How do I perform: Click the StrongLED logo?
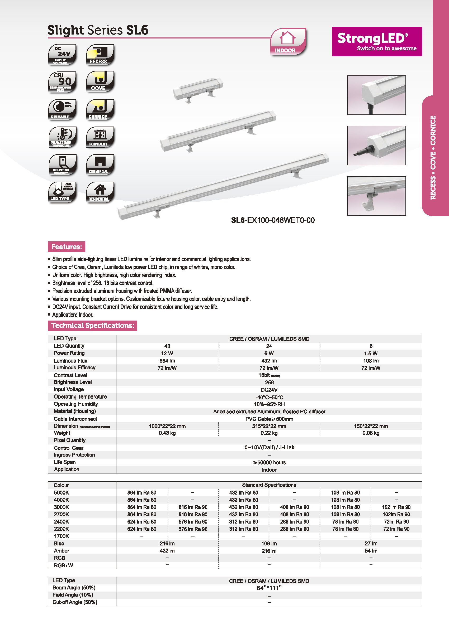click(377, 41)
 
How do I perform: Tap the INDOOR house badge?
click(287, 42)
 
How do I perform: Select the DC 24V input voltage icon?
click(62, 54)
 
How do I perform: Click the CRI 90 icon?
click(62, 82)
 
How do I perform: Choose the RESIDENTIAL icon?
click(100, 192)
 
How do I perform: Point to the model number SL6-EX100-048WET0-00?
click(273, 220)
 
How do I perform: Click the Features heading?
click(66, 246)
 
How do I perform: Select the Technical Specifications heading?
click(92, 326)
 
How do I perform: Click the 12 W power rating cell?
click(167, 354)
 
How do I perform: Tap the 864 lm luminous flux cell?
click(167, 361)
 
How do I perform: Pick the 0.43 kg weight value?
click(167, 433)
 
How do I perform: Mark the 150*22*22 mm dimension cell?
click(371, 426)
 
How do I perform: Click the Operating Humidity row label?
click(76, 404)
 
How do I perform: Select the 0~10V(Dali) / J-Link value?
click(269, 447)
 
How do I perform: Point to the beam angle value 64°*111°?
click(269, 588)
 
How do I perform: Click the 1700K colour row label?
click(62, 536)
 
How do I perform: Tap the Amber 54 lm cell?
click(371, 551)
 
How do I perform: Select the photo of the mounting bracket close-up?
click(376, 196)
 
